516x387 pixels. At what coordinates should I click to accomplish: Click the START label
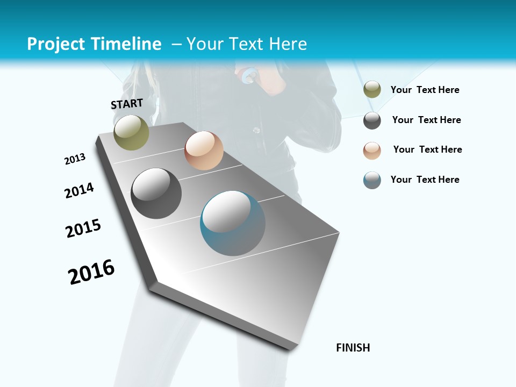point(127,103)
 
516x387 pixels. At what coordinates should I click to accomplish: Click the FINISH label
point(353,348)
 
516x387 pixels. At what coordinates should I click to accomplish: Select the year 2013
point(75,159)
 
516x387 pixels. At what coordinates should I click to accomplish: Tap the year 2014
point(79,190)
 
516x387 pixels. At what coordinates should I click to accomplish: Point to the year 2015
point(83,228)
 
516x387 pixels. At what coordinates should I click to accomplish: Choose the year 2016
point(91,271)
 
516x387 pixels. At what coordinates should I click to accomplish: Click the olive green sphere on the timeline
point(131,132)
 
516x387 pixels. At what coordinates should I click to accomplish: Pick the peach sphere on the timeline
point(204,150)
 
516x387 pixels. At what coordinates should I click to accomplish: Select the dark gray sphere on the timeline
point(156,193)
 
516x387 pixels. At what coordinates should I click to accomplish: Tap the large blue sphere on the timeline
point(233,223)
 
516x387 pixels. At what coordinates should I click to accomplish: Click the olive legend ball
point(372,90)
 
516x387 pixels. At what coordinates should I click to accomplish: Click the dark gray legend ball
point(372,120)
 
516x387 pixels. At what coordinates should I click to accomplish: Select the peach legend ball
point(372,150)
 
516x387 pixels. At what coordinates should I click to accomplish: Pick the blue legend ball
point(372,180)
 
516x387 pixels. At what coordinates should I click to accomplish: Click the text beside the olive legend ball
point(425,90)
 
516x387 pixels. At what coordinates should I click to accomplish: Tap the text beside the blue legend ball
point(425,180)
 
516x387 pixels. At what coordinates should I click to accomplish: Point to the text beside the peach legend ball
point(427,149)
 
